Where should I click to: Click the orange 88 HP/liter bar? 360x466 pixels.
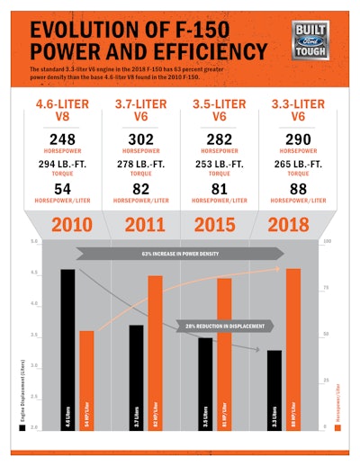[292, 346]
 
